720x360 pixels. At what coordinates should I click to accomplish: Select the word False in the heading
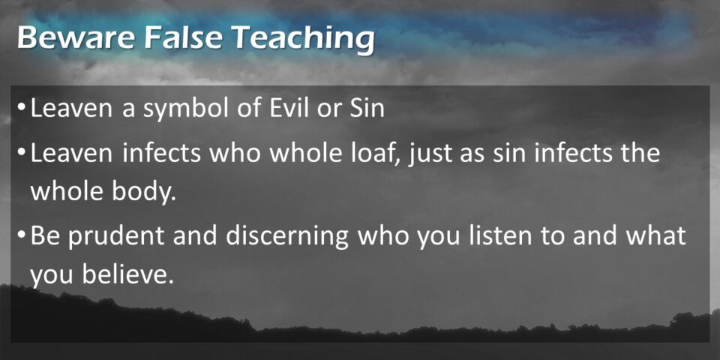pyautogui.click(x=182, y=37)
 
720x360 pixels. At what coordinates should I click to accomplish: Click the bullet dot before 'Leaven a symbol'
pyautogui.click(x=22, y=106)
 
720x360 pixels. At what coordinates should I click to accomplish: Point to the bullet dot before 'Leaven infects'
pyautogui.click(x=22, y=151)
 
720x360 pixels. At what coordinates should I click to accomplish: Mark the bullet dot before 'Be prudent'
pyautogui.click(x=22, y=233)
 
